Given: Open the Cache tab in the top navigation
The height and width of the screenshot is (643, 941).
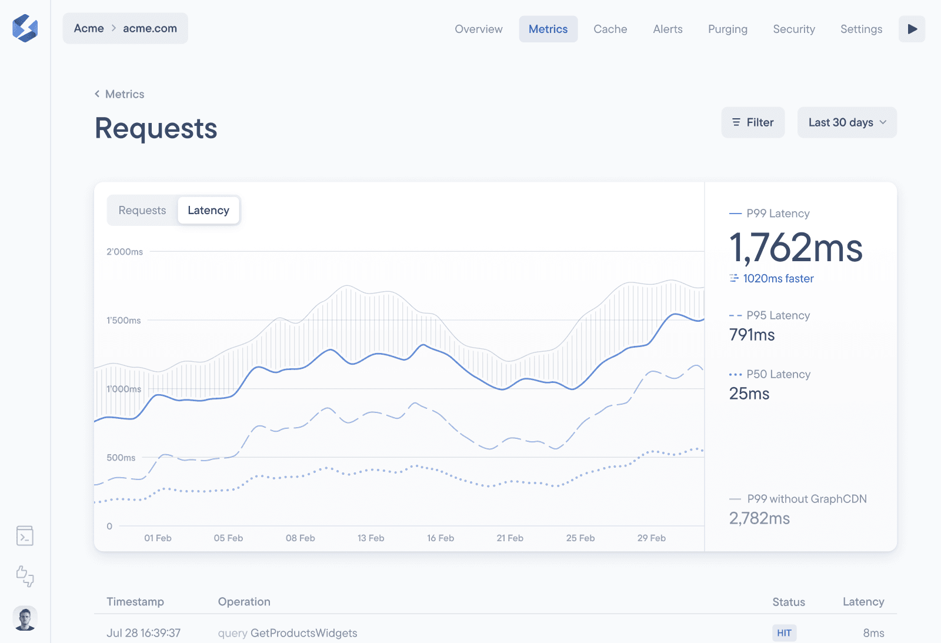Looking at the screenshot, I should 610,29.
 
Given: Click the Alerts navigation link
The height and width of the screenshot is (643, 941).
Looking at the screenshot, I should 668,29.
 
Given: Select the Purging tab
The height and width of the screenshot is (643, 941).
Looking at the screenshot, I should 728,29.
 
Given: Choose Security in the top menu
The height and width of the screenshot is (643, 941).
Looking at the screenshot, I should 793,29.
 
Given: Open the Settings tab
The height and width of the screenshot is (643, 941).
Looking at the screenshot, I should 861,29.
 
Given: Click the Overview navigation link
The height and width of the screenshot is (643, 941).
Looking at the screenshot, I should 478,29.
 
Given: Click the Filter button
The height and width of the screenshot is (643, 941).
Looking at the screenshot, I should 753,122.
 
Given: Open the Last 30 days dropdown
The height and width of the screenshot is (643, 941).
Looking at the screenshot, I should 846,122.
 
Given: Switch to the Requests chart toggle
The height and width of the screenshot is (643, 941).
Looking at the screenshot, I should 142,211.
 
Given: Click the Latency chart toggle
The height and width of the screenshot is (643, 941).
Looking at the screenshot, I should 208,211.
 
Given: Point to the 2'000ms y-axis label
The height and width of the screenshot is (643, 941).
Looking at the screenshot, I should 125,252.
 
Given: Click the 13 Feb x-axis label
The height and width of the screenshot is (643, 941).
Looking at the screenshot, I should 371,538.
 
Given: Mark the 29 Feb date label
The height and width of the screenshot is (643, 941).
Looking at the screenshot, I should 651,538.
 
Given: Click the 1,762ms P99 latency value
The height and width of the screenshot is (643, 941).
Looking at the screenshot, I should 795,248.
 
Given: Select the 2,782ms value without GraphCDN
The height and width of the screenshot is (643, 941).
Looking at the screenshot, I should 759,518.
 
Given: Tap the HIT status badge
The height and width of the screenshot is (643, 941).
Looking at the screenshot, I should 784,633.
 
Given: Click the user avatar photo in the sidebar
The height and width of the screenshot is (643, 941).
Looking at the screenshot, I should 25,618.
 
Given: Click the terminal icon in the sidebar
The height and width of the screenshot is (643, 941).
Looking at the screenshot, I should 25,536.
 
